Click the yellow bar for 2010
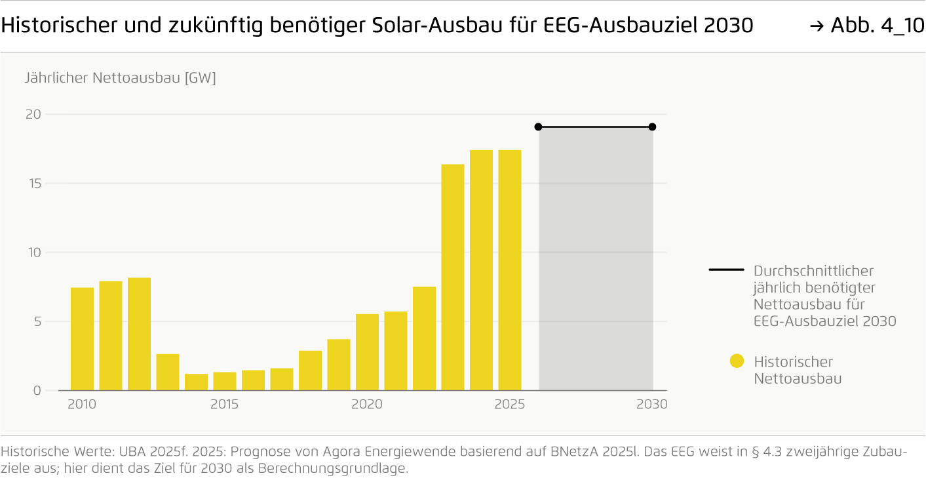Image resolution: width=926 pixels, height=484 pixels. click(82, 339)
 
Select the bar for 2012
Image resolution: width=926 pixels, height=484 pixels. click(139, 334)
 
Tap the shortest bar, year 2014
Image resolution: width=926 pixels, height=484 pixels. click(196, 382)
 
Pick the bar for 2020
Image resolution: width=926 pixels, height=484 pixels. click(367, 352)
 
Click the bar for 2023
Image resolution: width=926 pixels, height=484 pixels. click(452, 277)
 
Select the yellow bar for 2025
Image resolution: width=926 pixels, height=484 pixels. click(509, 270)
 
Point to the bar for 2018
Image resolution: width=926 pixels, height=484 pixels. click(310, 371)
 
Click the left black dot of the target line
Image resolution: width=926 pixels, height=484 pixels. click(538, 127)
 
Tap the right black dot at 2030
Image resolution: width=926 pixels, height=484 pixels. click(652, 127)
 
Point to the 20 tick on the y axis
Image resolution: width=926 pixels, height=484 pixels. click(33, 114)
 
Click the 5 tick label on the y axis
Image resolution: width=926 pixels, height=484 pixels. click(37, 321)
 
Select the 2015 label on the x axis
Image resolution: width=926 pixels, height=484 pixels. click(224, 405)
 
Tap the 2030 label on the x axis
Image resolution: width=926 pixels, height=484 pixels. click(651, 405)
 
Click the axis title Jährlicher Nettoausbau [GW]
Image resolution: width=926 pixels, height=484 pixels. click(120, 78)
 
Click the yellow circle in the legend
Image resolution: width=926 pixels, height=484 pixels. click(737, 361)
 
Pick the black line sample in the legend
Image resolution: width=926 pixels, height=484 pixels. click(726, 270)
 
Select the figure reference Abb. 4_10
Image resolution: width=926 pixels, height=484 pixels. click(868, 26)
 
